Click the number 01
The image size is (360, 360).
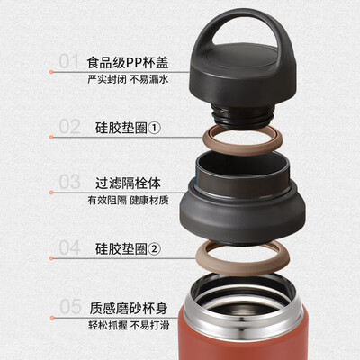(69, 61)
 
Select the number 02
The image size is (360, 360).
(69, 126)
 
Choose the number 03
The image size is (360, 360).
(69, 182)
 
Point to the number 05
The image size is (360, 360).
(69, 305)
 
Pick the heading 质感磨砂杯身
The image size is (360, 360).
(126, 305)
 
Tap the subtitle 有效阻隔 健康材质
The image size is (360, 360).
(127, 200)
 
